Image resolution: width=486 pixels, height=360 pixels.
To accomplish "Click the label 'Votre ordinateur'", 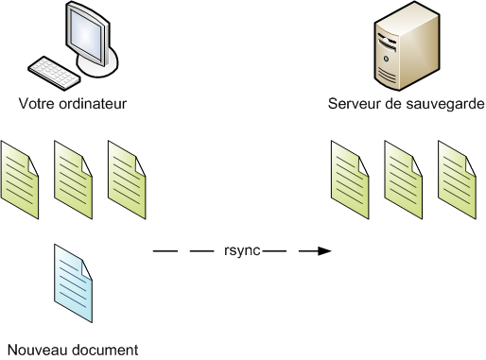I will click(73, 102).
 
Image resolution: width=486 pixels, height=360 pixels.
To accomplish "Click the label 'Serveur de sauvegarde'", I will click(407, 102).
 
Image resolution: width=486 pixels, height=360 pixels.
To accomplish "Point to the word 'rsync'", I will click(243, 251).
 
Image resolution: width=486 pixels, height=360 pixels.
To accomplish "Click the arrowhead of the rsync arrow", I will click(324, 251).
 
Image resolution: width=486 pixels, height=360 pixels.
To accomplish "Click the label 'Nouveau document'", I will click(72, 349).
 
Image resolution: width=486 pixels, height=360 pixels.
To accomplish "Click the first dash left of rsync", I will click(165, 251).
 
